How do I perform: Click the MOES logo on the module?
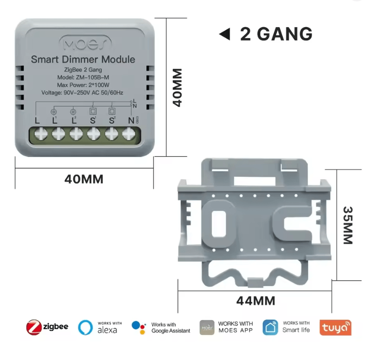(85, 44)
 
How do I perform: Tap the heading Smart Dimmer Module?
(83, 59)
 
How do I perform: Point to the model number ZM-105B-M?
(83, 77)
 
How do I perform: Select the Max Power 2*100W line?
(83, 85)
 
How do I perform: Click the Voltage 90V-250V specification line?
(83, 93)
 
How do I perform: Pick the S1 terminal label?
(93, 121)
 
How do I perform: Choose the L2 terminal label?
(74, 121)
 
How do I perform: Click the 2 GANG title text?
(276, 34)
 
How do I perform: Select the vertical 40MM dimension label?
(178, 88)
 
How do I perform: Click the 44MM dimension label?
(255, 301)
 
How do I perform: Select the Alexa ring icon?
(85, 327)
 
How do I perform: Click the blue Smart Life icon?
(270, 327)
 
